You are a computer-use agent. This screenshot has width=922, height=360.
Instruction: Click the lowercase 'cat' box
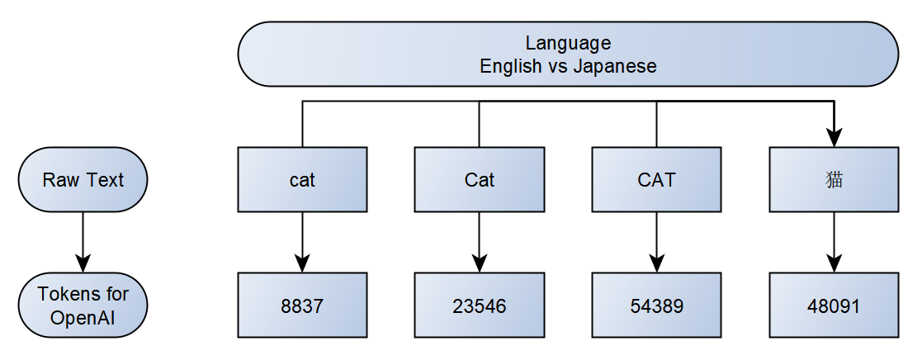coord(302,179)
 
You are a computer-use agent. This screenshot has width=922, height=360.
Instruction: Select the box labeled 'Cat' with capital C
coord(480,179)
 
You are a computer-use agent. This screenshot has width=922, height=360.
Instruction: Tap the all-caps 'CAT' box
coord(657,179)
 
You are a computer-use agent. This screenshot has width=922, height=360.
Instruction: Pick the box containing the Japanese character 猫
coord(835,179)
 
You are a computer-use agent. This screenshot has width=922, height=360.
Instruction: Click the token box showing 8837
coord(302,306)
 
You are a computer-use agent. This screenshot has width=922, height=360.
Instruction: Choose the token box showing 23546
coord(480,306)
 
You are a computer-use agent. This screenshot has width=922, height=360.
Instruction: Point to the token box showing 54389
coord(657,306)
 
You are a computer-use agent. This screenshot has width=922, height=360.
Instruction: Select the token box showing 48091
coord(835,306)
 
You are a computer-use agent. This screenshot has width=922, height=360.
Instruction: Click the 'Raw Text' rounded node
coord(83,180)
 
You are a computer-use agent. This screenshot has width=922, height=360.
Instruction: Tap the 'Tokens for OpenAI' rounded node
coord(83,306)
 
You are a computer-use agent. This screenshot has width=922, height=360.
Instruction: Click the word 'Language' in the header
coord(568,43)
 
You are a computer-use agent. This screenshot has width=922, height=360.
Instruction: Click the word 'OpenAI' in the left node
coord(83,317)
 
